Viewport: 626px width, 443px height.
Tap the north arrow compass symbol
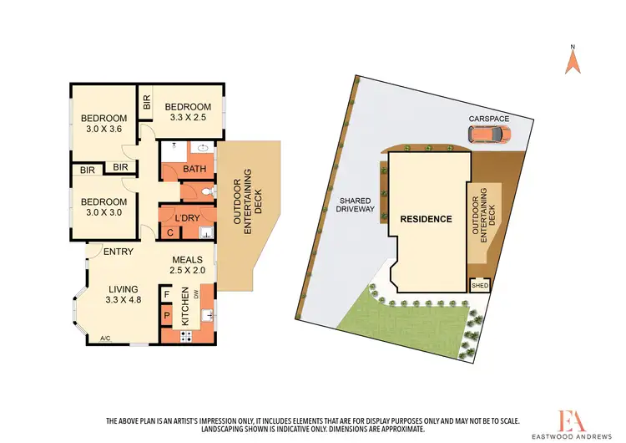(573, 60)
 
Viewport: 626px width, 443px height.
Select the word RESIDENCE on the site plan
(426, 220)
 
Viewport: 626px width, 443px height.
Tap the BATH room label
(194, 170)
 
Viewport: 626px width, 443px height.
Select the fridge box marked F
(167, 294)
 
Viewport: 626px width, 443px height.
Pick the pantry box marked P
(167, 317)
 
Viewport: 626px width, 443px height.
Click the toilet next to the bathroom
(208, 192)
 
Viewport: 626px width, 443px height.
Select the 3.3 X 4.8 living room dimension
(125, 298)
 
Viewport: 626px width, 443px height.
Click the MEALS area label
(188, 259)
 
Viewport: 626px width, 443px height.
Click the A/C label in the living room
(106, 339)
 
